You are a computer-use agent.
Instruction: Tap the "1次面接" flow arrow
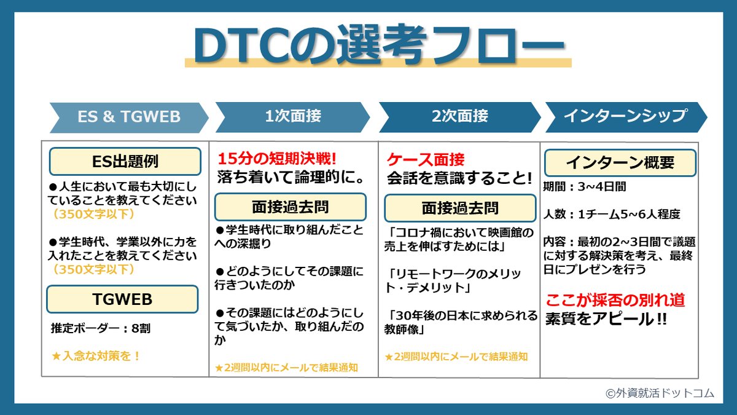pos(292,117)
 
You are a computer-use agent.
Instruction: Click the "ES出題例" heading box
pos(125,162)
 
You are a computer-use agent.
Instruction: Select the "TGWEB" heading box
pos(122,299)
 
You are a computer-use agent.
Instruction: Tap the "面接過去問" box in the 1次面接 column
pos(290,207)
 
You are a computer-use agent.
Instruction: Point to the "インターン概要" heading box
pos(620,163)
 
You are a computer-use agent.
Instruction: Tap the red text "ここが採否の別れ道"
pos(615,301)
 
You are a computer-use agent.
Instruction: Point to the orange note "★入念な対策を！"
pos(96,355)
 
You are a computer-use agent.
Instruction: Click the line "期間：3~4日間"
pos(584,187)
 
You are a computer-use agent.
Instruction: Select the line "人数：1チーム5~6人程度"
pos(611,215)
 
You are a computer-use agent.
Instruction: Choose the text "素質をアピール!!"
pos(606,320)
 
